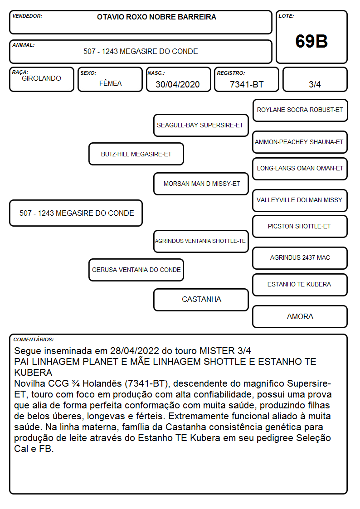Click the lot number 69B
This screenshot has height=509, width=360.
(311, 41)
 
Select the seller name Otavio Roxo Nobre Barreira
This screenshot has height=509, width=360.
(156, 17)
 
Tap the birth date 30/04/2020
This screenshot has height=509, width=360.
(178, 84)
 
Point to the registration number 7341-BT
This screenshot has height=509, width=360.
(247, 84)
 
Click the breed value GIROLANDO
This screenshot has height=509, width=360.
(41, 78)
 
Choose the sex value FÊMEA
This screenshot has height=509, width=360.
(110, 83)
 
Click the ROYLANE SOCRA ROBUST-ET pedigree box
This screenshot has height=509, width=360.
(300, 110)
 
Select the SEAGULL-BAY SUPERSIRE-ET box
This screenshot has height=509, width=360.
(201, 125)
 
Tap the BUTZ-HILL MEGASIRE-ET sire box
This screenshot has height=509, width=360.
(136, 154)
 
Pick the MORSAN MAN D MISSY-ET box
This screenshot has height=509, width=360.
(201, 184)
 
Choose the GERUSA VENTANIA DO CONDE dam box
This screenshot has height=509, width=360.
(136, 270)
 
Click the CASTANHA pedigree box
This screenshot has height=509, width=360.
(201, 300)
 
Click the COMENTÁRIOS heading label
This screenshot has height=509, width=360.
(34, 339)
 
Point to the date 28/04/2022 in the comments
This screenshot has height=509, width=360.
(135, 351)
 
